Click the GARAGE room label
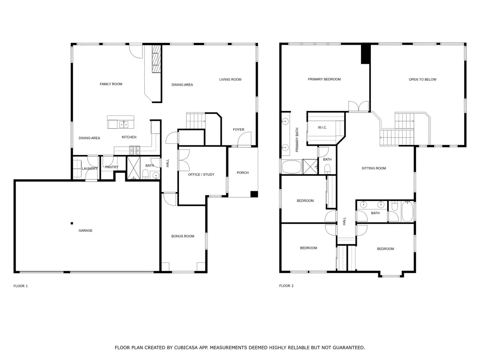[x=85, y=230]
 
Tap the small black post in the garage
[x=72, y=223]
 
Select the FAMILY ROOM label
[x=111, y=84]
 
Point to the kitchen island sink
[x=123, y=124]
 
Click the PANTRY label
[x=112, y=167]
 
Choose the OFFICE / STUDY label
[x=201, y=174]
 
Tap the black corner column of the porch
[x=254, y=194]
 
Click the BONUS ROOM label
[x=183, y=236]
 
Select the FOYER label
[x=238, y=129]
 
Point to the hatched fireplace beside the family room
[x=156, y=59]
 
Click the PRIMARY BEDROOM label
[x=324, y=79]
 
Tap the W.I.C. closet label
[x=322, y=127]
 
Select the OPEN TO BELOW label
[x=423, y=79]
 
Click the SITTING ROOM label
[x=374, y=168]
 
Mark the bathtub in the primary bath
[x=291, y=167]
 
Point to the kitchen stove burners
[x=135, y=150]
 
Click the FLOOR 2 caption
[x=286, y=286]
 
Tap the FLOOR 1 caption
[x=21, y=286]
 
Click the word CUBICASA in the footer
[x=186, y=348]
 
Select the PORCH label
[x=243, y=172]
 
